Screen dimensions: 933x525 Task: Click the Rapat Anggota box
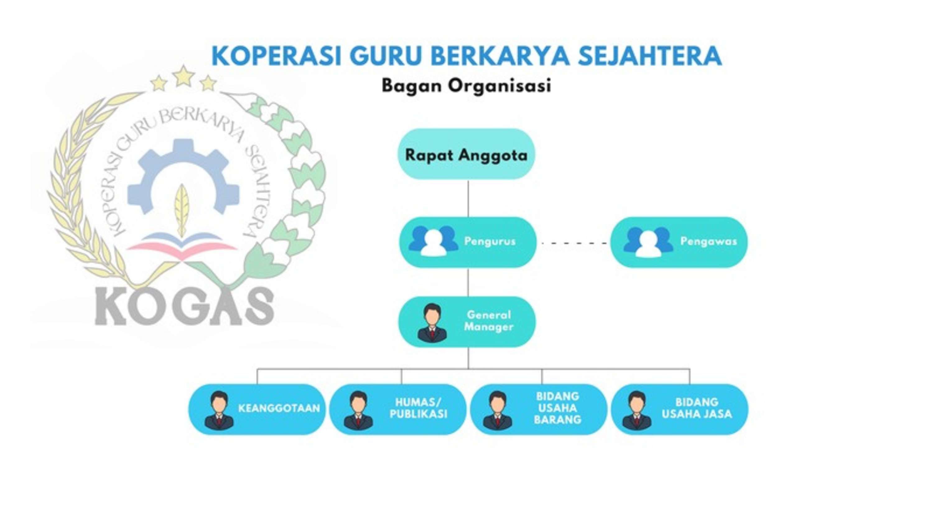pyautogui.click(x=466, y=154)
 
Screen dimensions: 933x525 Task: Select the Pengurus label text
pyautogui.click(x=490, y=241)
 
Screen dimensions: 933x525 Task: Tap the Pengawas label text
pyautogui.click(x=708, y=241)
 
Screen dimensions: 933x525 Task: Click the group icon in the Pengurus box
pyautogui.click(x=433, y=241)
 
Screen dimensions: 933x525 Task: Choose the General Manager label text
pyautogui.click(x=489, y=321)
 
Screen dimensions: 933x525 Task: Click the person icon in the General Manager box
pyautogui.click(x=432, y=323)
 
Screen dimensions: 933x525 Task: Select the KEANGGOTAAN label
pyautogui.click(x=279, y=408)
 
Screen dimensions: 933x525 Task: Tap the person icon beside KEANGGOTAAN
pyautogui.click(x=219, y=410)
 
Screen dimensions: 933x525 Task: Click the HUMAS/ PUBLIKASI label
pyautogui.click(x=418, y=408)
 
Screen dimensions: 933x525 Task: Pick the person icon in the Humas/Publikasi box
pyautogui.click(x=358, y=410)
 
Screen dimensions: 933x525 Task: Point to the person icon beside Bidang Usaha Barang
pyautogui.click(x=498, y=410)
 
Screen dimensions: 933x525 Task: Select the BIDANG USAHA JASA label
pyautogui.click(x=697, y=408)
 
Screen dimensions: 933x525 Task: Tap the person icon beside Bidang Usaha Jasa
pyautogui.click(x=637, y=410)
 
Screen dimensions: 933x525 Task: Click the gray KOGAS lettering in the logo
pyautogui.click(x=184, y=306)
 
